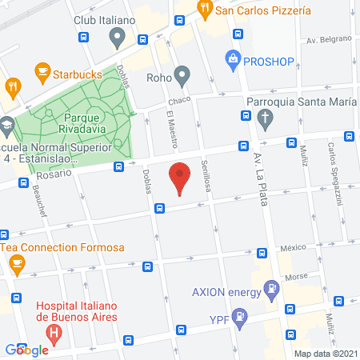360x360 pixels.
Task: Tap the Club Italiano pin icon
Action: point(118,36)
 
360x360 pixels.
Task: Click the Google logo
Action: point(27,350)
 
